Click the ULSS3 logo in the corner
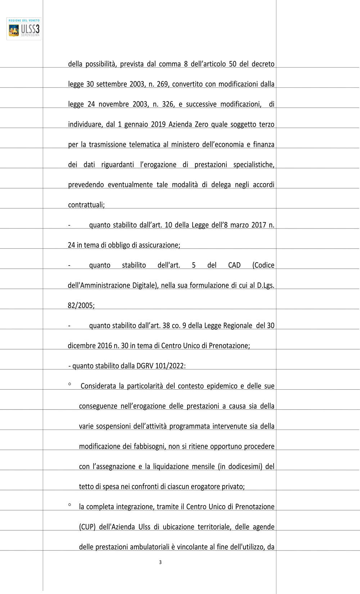[x=24, y=28]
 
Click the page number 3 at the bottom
[x=160, y=562]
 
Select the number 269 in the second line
[x=163, y=84]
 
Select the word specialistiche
[x=253, y=165]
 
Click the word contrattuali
[x=86, y=205]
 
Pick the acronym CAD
[x=234, y=266]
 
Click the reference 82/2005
[x=81, y=306]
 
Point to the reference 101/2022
[x=170, y=366]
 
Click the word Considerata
[x=98, y=386]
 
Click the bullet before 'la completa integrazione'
[x=69, y=505]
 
